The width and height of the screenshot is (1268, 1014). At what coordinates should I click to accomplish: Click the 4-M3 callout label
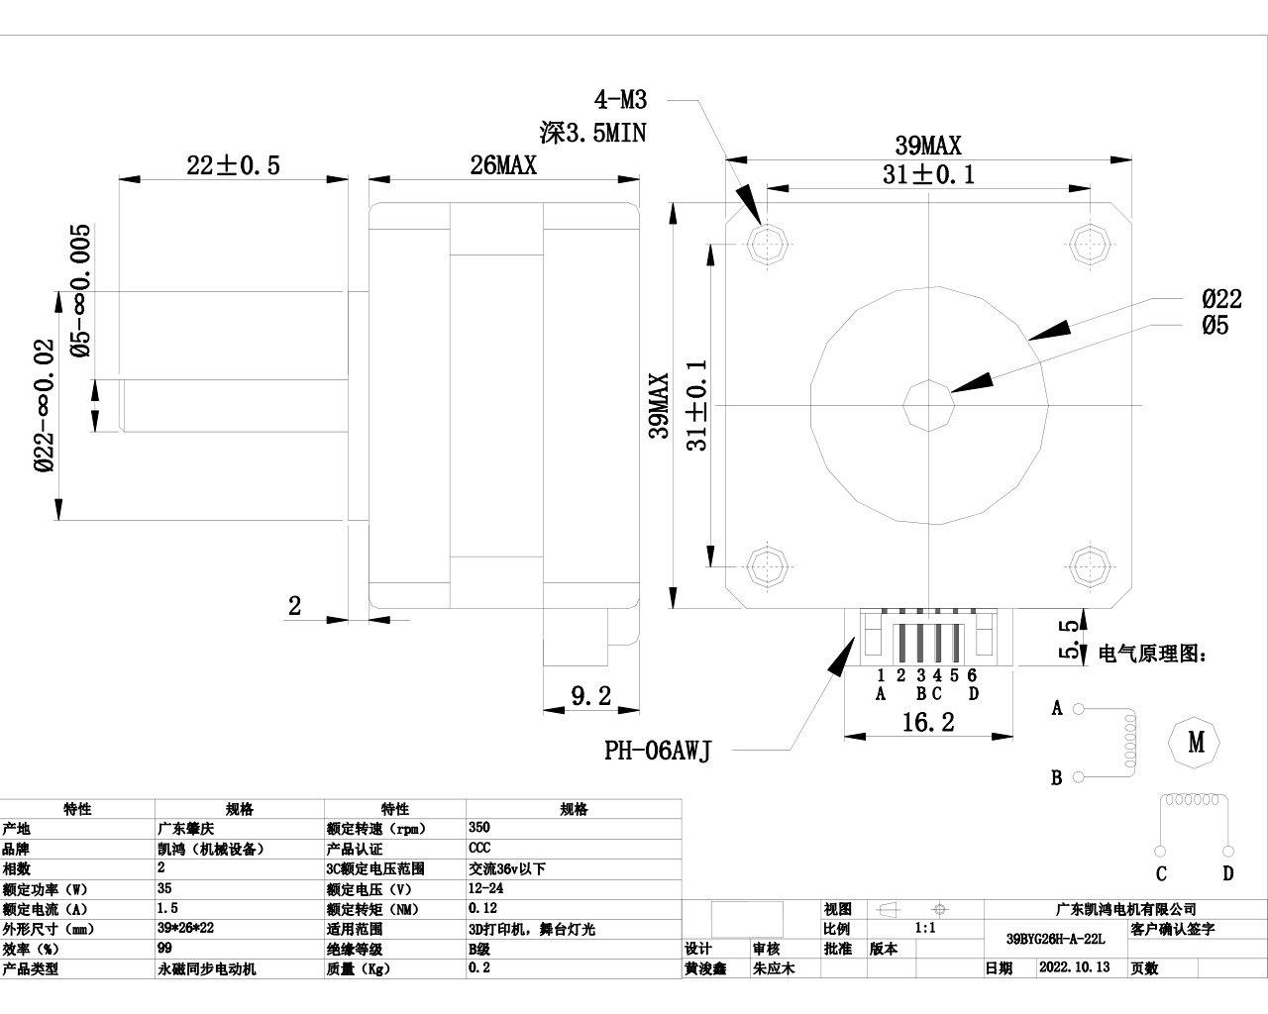[620, 100]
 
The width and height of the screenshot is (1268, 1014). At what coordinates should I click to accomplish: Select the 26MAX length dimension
[503, 165]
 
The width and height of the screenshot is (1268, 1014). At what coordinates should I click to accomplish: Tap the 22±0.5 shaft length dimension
[234, 165]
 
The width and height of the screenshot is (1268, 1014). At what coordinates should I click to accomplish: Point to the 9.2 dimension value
[591, 696]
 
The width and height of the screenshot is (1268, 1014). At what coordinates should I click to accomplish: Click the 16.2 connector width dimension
[928, 722]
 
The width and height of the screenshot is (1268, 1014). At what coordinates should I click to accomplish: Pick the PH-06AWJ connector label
[658, 751]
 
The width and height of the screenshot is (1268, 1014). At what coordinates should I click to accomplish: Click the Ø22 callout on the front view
[1221, 299]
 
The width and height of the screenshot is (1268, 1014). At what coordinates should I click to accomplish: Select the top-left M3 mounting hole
[767, 244]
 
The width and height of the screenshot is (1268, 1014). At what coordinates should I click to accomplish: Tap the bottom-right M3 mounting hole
[1090, 566]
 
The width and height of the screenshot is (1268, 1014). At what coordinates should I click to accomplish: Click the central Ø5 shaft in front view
[928, 405]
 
